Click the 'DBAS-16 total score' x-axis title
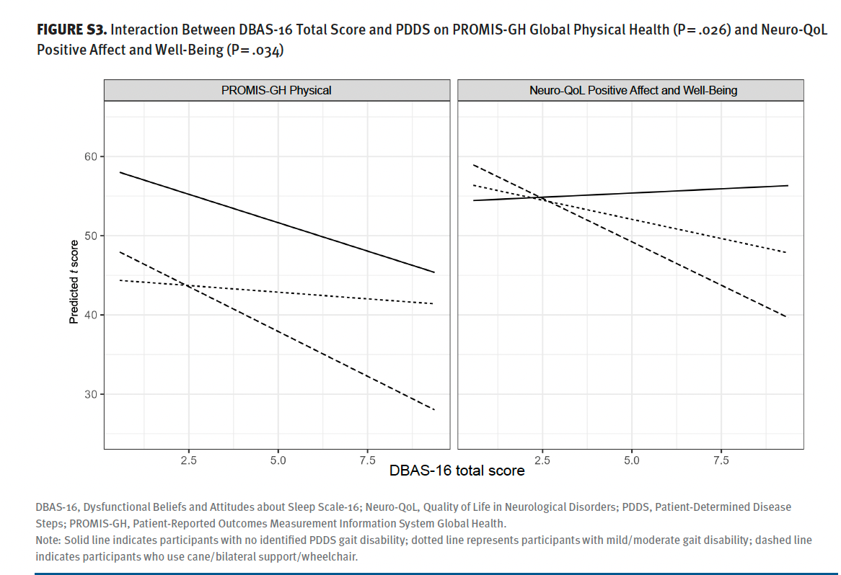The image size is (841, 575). tap(457, 471)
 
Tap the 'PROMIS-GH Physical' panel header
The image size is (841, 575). tap(277, 91)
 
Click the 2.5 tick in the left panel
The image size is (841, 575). tap(189, 460)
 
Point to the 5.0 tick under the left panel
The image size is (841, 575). tap(278, 460)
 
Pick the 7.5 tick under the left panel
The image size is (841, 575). tap(366, 460)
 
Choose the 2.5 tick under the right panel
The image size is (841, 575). tap(543, 460)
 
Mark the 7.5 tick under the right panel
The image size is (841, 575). tap(721, 460)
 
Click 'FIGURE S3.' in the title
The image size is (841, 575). tap(71, 31)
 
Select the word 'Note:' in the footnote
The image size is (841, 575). tap(48, 540)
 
